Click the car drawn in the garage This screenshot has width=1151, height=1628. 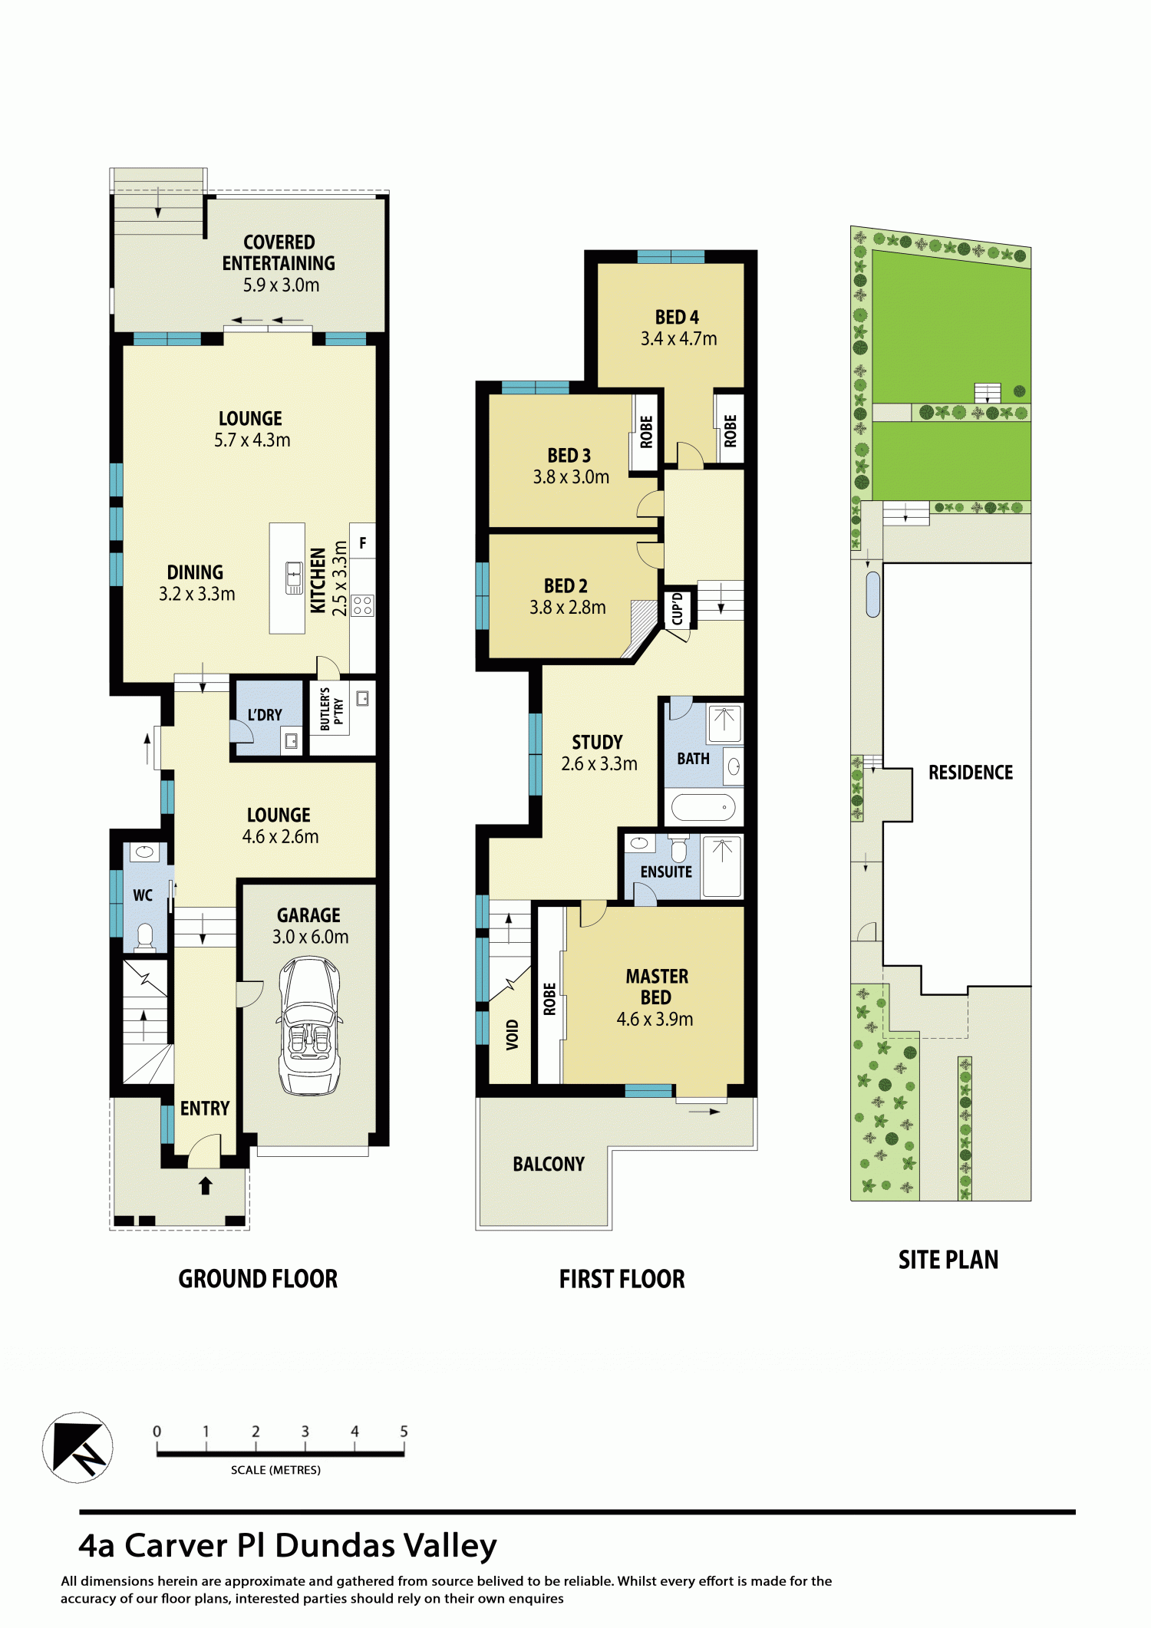310,1025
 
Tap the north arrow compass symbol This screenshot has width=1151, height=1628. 78,1447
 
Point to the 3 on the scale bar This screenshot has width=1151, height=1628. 305,1431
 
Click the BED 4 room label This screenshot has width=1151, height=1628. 677,317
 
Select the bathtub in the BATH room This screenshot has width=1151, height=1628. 703,807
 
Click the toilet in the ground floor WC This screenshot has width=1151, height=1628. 144,936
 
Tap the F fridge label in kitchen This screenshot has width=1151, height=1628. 363,543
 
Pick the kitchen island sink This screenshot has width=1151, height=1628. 294,578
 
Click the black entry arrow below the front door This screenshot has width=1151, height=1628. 205,1185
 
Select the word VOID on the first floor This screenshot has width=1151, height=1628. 512,1034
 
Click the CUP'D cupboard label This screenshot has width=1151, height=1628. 678,608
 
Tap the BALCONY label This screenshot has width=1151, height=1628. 549,1165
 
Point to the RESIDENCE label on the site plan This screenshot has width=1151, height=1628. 971,773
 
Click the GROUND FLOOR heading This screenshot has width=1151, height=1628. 258,1279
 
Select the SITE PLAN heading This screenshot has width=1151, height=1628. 948,1260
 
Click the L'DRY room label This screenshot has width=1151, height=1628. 265,715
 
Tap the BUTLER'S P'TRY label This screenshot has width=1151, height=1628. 331,709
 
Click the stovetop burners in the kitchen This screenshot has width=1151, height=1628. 363,605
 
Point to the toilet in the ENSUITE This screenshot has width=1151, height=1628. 679,849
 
